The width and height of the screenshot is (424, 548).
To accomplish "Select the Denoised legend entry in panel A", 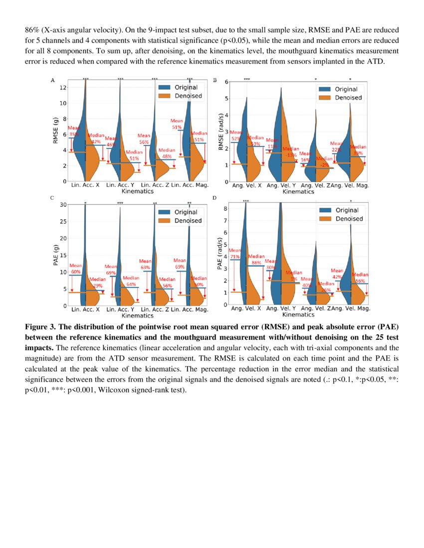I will point(188,95).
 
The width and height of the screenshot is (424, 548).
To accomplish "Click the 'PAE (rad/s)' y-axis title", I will point(220,254).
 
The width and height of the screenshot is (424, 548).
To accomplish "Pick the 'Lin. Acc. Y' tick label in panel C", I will point(120,310).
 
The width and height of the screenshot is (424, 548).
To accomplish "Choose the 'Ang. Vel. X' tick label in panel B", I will point(246,185).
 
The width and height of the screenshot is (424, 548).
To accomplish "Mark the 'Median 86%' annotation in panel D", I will point(256,259).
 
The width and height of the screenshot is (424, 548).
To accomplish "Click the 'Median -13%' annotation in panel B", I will point(291,151).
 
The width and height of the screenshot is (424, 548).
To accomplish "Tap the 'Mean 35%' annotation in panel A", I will point(74,131).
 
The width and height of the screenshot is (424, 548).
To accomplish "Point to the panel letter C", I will point(52,198).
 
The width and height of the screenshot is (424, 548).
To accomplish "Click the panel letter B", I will point(215,80).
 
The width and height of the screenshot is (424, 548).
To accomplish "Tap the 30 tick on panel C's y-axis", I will point(63,205).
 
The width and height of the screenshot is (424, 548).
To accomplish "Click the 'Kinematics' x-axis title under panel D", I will point(298,315).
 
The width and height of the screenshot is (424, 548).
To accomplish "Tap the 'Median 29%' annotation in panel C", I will point(97,282).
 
